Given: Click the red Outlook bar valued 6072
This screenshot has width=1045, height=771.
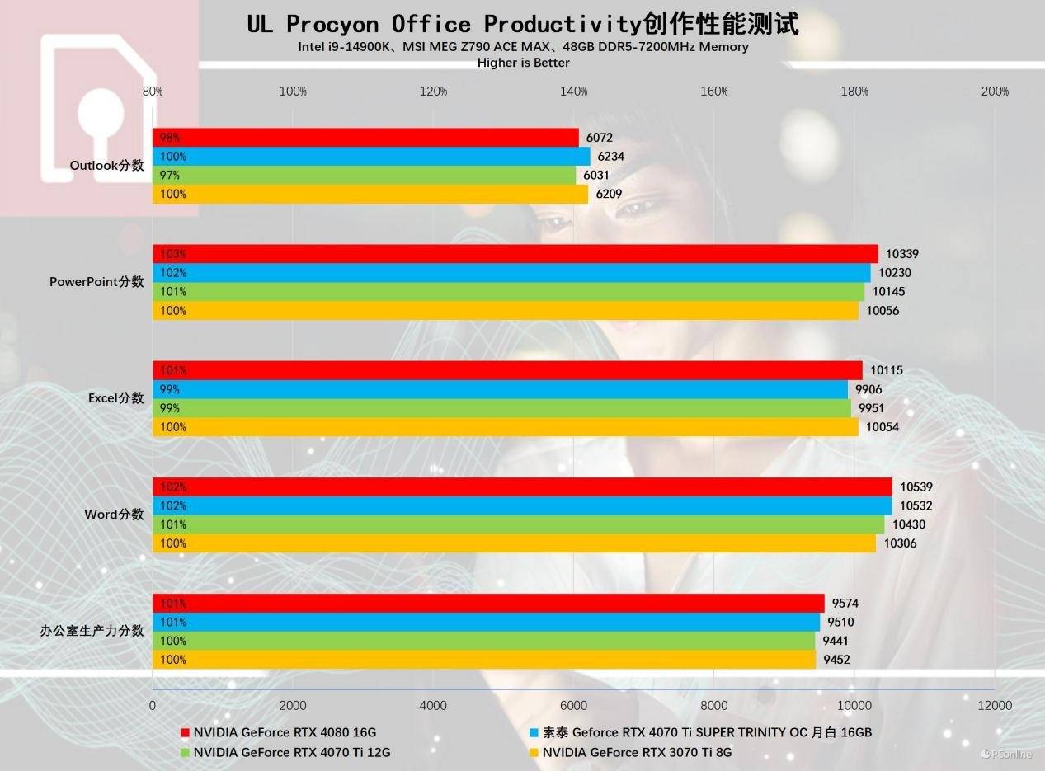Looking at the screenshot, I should tap(365, 138).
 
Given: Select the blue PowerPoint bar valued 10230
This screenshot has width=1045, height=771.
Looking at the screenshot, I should tap(511, 273).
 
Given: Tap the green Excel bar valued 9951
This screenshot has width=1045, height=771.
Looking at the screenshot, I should tap(501, 408).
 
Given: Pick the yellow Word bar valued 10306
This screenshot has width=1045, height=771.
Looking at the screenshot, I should tap(514, 543).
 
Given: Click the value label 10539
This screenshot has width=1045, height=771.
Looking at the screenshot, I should tap(916, 487).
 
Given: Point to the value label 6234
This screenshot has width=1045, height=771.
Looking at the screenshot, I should tap(611, 157).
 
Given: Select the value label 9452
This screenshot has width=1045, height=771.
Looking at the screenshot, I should tap(836, 660).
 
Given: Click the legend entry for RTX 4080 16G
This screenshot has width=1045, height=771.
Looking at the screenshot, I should tap(285, 732).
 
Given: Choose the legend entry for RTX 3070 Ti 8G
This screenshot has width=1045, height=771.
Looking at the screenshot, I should tap(637, 752).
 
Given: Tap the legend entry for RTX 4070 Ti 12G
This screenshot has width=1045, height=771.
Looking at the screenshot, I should tap(292, 752).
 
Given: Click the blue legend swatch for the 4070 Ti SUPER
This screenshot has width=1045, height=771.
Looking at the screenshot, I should tap(534, 732).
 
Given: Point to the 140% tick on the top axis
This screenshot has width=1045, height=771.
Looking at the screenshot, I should tap(574, 92).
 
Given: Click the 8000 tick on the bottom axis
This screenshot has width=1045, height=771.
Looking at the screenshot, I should tap(714, 705).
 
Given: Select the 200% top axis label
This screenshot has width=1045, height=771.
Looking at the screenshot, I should tap(995, 92).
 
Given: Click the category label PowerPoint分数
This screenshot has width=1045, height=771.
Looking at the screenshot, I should tap(96, 282).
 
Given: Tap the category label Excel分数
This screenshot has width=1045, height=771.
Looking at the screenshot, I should tap(116, 398).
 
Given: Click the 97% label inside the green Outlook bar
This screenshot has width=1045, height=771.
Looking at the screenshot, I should tap(170, 176).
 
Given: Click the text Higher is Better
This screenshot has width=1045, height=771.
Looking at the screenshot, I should tap(523, 63).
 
